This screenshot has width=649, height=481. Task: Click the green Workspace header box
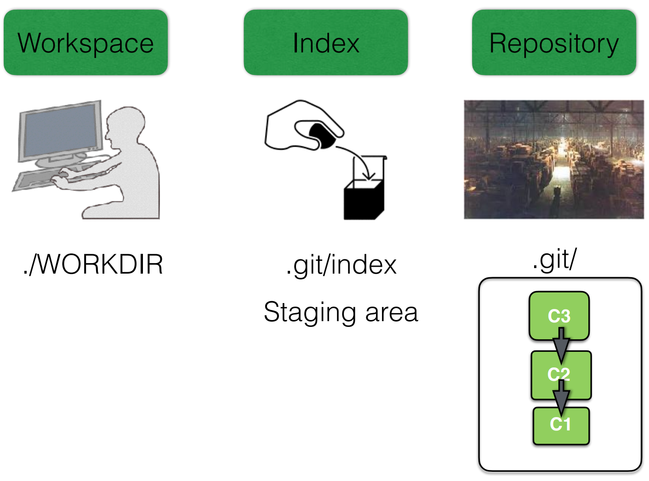[x=86, y=42]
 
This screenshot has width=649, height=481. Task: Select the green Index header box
[x=325, y=42]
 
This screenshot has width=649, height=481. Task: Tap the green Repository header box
[x=554, y=42]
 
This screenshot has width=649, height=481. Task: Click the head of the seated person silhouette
[x=124, y=126]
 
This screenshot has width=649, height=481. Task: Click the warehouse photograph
[x=554, y=159]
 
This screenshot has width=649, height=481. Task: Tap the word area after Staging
[x=392, y=313]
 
